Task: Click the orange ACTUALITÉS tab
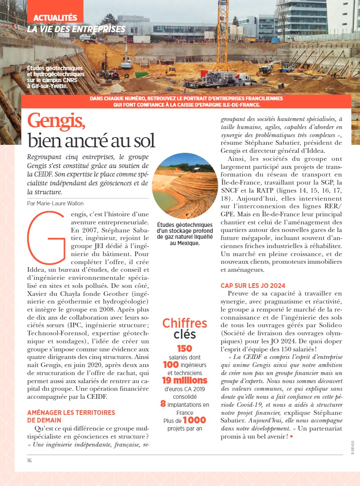coord(55,18)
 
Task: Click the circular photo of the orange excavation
coord(185,186)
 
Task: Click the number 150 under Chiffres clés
coord(185,348)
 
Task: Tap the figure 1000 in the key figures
coord(194,420)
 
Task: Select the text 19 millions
coord(185,380)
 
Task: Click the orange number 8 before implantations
coord(163,404)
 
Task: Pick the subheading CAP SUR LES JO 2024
coord(253,285)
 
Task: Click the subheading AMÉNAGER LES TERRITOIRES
coord(71,412)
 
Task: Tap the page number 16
coord(30,461)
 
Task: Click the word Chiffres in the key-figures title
coord(185,323)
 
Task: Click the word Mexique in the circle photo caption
coord(188,243)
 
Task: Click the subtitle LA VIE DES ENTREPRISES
coord(76,29)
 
